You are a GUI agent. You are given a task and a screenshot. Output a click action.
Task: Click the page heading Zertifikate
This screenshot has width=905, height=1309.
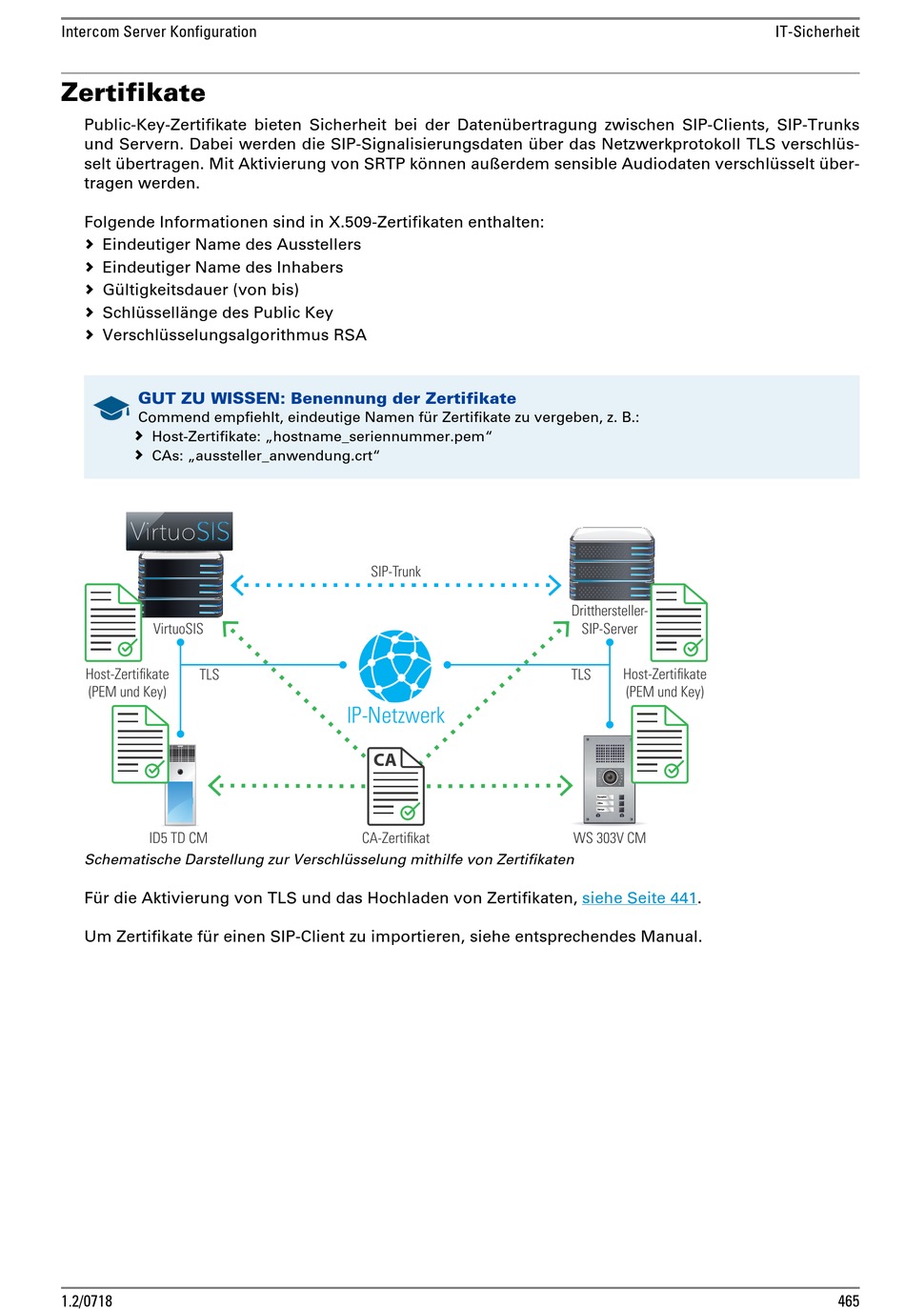point(132,93)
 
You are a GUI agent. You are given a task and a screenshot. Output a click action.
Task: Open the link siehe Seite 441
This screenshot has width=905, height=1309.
point(639,897)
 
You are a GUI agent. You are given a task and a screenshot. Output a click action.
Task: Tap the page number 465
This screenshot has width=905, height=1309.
point(849,1300)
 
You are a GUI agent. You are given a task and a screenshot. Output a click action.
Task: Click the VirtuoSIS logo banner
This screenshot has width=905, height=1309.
point(179,532)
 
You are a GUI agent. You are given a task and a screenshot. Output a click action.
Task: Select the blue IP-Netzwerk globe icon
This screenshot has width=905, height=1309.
point(395,666)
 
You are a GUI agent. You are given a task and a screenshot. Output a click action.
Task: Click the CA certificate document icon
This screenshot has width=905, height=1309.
point(395,786)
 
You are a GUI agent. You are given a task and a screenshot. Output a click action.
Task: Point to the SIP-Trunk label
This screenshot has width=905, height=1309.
point(395,572)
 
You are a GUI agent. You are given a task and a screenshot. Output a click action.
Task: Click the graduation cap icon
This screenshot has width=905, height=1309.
point(111,408)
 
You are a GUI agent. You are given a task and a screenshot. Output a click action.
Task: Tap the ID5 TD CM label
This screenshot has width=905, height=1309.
point(178,838)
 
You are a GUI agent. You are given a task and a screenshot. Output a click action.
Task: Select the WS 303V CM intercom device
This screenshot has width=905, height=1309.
point(610,779)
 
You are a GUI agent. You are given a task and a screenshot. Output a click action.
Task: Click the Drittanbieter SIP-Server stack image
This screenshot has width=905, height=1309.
point(612,563)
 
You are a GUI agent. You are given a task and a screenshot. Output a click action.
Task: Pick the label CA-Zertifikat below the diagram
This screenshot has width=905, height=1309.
point(395,838)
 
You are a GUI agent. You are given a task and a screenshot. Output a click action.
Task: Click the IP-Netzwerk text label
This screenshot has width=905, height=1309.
point(395,715)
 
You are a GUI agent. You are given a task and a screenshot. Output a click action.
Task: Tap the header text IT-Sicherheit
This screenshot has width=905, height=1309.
point(817,32)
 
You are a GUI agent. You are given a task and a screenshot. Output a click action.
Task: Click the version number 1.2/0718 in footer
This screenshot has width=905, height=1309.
point(87,1300)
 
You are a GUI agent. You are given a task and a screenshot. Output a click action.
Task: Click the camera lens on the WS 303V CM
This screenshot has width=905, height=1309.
point(610,777)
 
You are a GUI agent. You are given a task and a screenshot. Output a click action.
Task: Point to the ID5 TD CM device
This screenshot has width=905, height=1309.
point(181,785)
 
